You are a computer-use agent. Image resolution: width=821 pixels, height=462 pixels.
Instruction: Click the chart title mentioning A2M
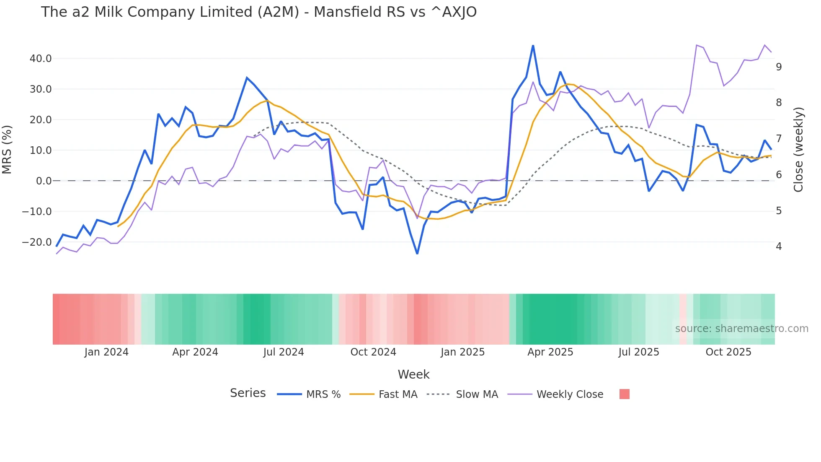(258, 12)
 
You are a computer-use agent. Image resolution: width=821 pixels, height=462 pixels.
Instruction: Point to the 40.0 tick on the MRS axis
(41, 59)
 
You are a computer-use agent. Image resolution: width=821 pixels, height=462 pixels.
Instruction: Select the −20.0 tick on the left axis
(37, 242)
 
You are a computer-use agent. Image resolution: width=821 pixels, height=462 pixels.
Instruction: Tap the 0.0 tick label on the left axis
(44, 181)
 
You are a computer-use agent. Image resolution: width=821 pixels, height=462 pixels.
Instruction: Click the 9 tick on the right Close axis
(779, 67)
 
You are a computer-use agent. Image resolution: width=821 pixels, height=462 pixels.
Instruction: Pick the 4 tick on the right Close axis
(779, 247)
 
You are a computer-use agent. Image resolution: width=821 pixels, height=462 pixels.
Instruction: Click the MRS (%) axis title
(7, 150)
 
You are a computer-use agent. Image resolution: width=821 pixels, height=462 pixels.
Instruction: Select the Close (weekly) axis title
(798, 150)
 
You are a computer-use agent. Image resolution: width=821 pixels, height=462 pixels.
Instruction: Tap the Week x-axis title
(413, 374)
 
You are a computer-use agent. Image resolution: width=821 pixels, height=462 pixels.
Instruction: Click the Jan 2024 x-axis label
(106, 352)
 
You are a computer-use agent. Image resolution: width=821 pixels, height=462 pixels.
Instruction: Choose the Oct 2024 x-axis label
(373, 352)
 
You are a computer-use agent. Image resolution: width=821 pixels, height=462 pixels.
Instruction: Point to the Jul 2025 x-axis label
(639, 352)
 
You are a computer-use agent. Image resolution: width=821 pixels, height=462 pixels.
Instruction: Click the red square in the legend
(624, 394)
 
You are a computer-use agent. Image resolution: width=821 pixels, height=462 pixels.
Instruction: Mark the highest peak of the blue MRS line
(533, 45)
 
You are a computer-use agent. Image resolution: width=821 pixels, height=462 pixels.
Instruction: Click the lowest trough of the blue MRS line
(417, 253)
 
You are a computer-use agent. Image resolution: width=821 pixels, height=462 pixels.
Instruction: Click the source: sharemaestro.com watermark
(741, 329)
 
